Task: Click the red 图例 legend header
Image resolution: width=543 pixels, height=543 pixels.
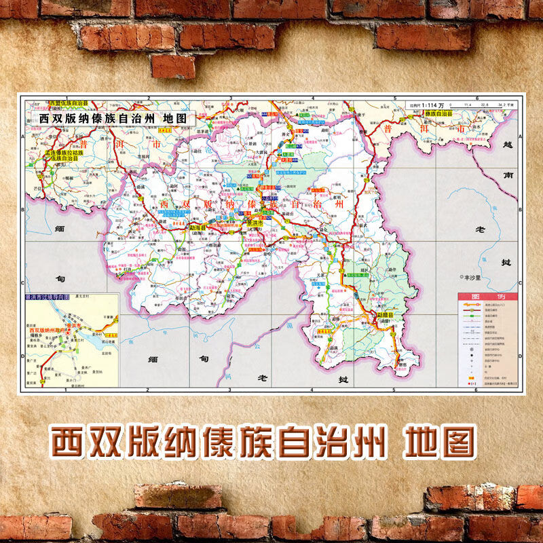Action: [487, 297]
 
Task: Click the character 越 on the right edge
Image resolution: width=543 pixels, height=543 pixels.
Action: [507, 145]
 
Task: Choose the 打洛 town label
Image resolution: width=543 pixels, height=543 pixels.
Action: [126, 269]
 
